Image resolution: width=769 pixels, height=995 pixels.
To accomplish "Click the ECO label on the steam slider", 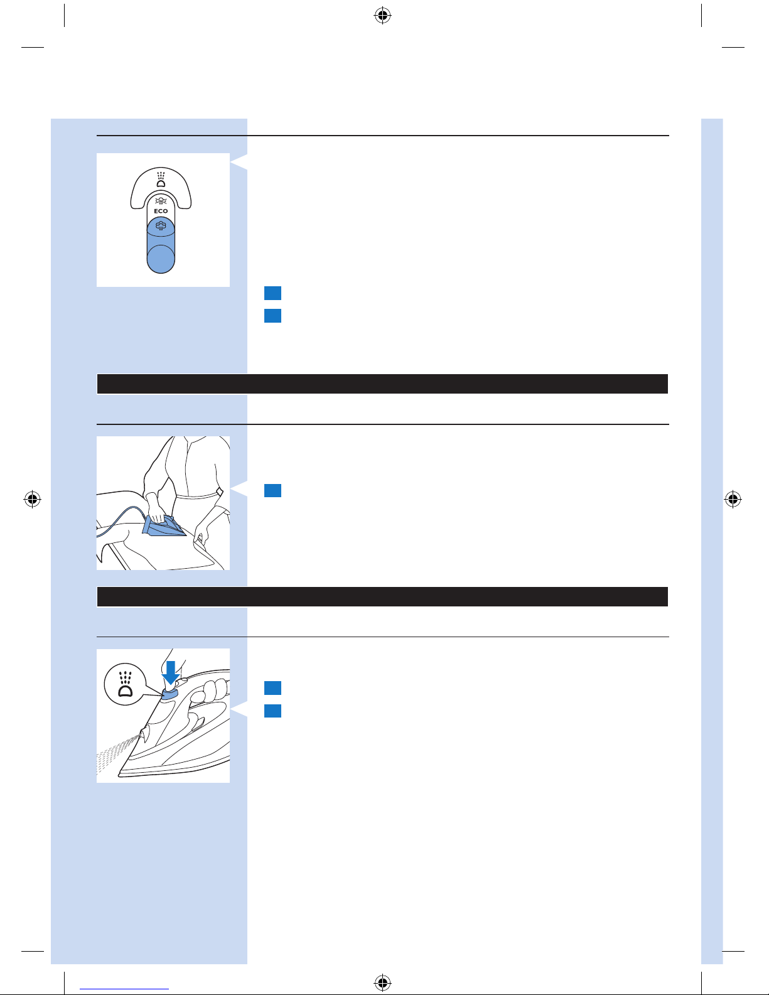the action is click(161, 211).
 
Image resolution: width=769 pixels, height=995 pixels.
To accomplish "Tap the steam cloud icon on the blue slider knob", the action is click(161, 225).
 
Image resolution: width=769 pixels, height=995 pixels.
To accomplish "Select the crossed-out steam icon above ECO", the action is click(161, 200).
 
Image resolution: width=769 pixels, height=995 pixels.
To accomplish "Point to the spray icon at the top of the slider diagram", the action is click(161, 180).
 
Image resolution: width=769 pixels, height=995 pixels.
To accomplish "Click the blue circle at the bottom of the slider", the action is click(161, 259).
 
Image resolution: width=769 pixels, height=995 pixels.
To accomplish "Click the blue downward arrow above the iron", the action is click(171, 672).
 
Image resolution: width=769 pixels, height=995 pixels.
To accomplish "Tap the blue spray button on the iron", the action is click(170, 693).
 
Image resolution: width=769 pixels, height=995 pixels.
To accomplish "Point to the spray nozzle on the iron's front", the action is click(144, 734).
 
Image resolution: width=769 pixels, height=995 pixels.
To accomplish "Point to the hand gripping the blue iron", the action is click(154, 508).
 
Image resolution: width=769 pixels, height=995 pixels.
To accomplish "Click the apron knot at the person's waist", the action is click(219, 492).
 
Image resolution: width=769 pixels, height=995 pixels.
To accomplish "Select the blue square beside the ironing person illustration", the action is click(273, 490).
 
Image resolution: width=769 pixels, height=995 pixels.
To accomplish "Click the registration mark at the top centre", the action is click(383, 16).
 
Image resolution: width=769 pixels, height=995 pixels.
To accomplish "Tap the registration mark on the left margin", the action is click(32, 498).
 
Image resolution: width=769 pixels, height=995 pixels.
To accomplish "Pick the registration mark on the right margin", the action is click(733, 498).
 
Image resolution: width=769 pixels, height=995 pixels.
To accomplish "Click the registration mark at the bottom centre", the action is click(383, 982).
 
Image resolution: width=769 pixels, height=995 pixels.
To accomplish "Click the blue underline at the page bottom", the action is click(124, 989).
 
